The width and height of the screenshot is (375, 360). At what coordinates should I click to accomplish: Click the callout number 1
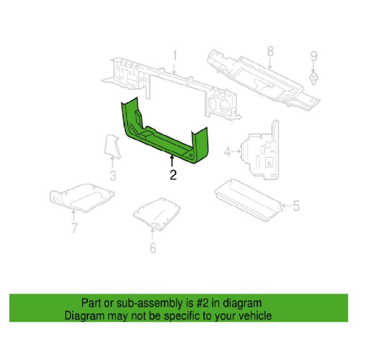pyautogui.click(x=175, y=55)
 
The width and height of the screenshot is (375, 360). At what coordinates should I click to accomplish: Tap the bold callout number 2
pyautogui.click(x=173, y=175)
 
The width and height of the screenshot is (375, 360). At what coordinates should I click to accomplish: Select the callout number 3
pyautogui.click(x=113, y=176)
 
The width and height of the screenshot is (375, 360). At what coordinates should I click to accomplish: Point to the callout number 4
pyautogui.click(x=227, y=152)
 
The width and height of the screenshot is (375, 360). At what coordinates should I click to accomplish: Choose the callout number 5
pyautogui.click(x=296, y=206)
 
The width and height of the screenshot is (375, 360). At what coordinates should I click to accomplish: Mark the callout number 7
pyautogui.click(x=75, y=228)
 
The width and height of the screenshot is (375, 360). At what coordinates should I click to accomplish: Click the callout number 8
pyautogui.click(x=270, y=51)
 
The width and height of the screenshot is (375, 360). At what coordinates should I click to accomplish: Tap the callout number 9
pyautogui.click(x=314, y=56)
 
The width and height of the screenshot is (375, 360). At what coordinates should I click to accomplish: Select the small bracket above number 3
pyautogui.click(x=112, y=146)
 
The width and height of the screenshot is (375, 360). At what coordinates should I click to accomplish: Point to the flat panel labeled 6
pyautogui.click(x=157, y=214)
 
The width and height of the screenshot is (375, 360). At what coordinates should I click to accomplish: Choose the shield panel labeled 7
pyautogui.click(x=82, y=198)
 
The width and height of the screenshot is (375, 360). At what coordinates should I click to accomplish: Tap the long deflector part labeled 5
pyautogui.click(x=248, y=200)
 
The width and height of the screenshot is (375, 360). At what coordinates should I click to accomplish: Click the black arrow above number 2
pyautogui.click(x=172, y=161)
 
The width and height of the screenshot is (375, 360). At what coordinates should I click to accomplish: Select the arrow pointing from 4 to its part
pyautogui.click(x=236, y=151)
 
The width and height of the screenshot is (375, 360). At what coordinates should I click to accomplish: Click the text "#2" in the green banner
pyautogui.click(x=202, y=303)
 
